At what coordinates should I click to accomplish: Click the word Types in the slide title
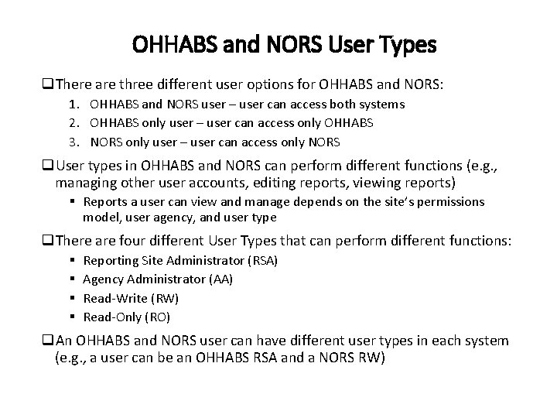coord(407,46)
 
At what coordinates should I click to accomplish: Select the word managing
coord(84,183)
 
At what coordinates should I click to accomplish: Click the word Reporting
coord(108,261)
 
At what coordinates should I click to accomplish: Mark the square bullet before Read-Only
coord(71,317)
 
